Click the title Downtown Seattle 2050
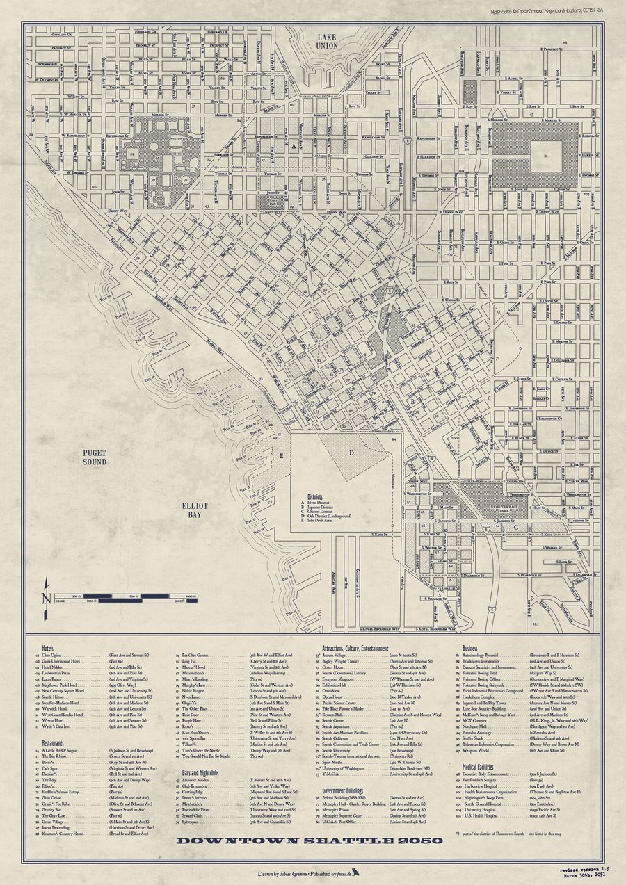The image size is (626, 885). click(309, 840)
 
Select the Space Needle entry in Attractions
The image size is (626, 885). click(332, 761)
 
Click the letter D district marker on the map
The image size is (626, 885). click(352, 453)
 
